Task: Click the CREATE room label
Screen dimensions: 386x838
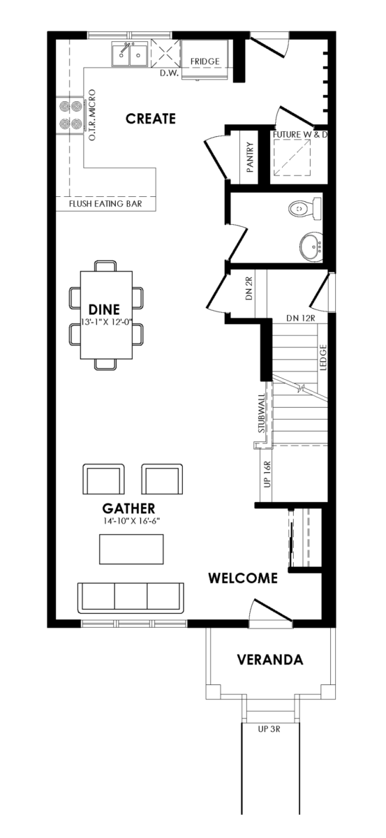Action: click(151, 119)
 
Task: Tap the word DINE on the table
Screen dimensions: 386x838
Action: click(105, 309)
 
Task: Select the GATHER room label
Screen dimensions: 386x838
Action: click(128, 508)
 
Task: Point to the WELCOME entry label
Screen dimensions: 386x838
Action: click(243, 578)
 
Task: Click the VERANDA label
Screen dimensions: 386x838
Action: click(270, 659)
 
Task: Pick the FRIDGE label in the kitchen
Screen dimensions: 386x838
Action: click(205, 61)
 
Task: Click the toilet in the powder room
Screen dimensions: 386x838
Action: click(306, 209)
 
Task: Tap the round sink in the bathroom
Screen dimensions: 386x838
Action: click(311, 246)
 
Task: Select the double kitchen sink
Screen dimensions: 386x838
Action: click(129, 54)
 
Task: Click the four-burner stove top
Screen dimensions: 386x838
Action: click(70, 115)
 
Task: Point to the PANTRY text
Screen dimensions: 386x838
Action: click(250, 156)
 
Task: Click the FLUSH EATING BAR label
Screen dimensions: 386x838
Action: click(105, 204)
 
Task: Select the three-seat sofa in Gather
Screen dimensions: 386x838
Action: click(131, 598)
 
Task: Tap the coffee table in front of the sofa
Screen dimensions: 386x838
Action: click(131, 549)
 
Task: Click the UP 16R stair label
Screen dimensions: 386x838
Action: click(267, 474)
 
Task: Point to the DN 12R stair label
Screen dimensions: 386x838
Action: click(301, 318)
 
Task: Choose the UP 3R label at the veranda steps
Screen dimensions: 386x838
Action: click(269, 729)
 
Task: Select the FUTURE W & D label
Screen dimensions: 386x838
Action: click(300, 134)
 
